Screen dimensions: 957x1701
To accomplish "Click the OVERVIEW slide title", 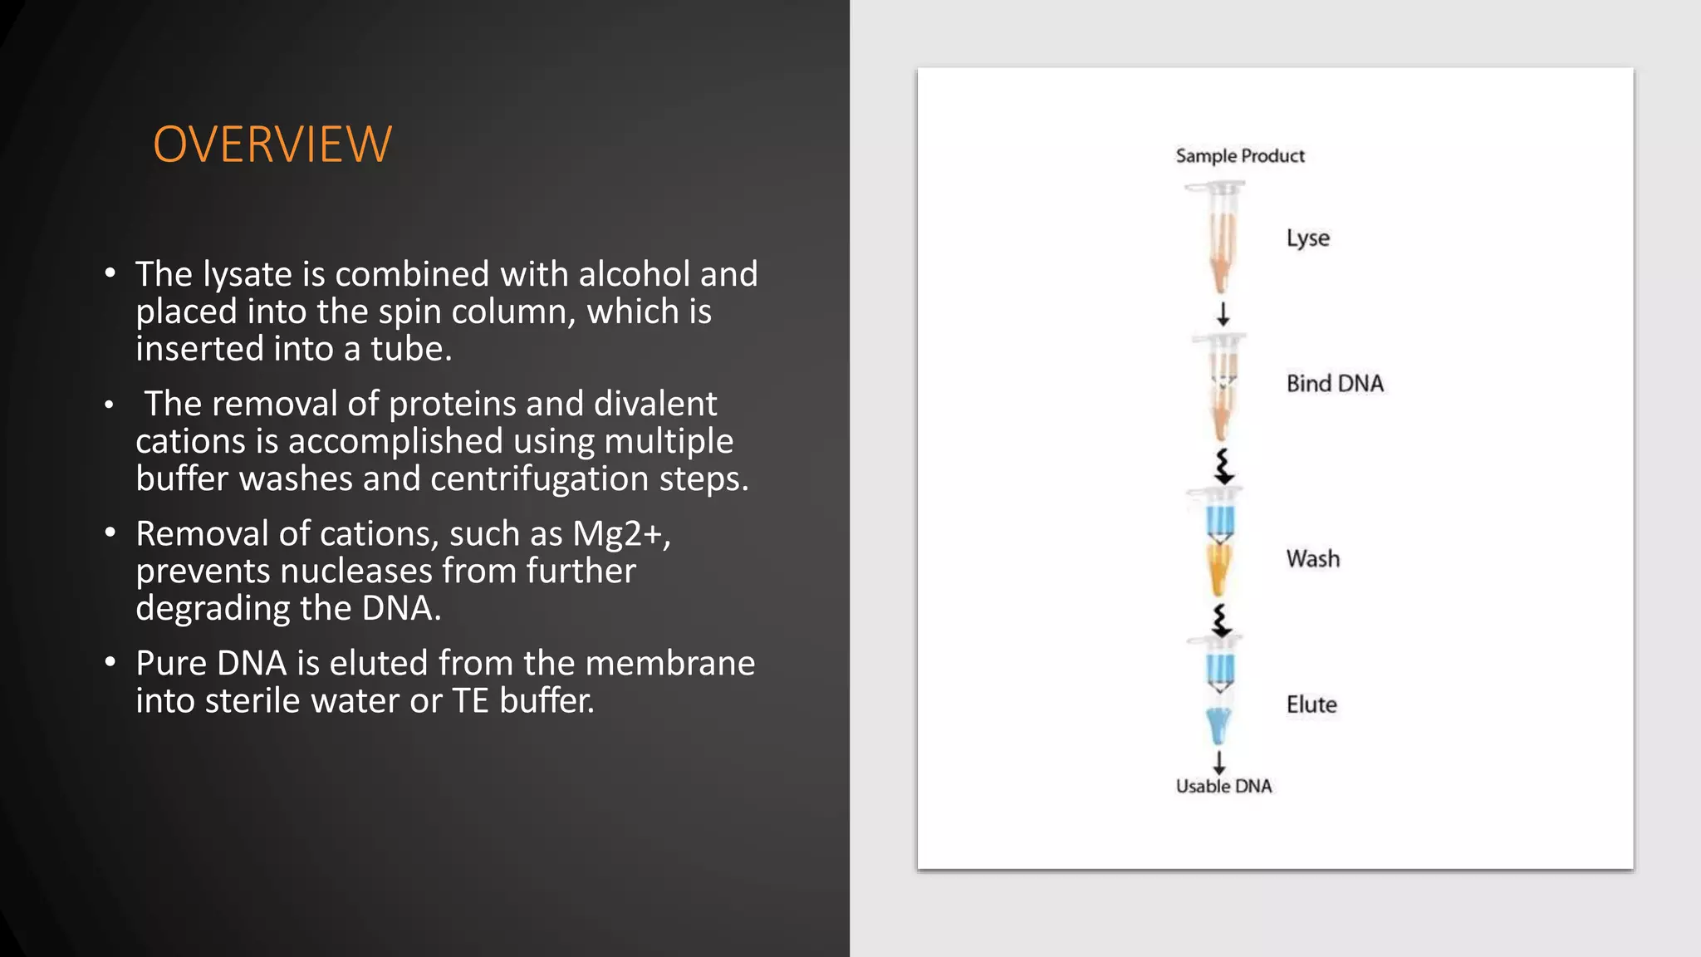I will (x=272, y=145).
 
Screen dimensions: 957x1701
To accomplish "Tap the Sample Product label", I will (x=1239, y=156).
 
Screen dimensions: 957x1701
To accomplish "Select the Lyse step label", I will (x=1307, y=238).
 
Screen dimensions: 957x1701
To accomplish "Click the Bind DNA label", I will (x=1334, y=384).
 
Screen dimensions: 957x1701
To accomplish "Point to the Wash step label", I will (x=1312, y=559).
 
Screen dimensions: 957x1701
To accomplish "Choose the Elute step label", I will (x=1311, y=704).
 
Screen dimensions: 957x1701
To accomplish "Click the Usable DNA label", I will (x=1223, y=786).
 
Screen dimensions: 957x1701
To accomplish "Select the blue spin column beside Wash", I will (x=1220, y=520).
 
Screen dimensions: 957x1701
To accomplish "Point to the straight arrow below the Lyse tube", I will (x=1223, y=314).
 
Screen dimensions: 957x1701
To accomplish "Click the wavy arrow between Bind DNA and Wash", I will (x=1223, y=467).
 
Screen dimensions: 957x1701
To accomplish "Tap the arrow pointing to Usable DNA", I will (x=1219, y=762).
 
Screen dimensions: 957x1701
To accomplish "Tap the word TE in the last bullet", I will (x=470, y=701).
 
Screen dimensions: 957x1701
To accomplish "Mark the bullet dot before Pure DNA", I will (x=110, y=663).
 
